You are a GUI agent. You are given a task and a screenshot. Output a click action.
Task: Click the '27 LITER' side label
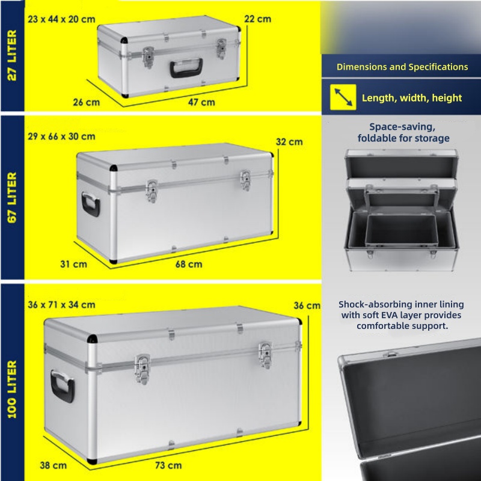[11, 55]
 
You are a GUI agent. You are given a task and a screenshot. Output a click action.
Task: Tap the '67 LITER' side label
[11, 198]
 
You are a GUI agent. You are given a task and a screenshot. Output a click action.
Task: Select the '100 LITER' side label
[11, 389]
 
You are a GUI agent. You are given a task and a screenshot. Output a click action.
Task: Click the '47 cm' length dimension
[201, 102]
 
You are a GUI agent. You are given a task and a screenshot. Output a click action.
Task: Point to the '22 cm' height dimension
[258, 19]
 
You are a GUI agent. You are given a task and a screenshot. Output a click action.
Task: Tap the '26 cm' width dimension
[86, 102]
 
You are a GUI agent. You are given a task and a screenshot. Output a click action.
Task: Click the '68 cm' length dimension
[189, 264]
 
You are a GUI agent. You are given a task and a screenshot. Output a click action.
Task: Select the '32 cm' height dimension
[289, 142]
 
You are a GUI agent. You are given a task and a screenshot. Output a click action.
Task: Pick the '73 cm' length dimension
[168, 465]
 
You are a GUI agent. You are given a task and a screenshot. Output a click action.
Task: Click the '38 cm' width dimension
[53, 465]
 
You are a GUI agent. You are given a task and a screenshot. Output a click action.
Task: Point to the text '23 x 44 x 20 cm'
[61, 19]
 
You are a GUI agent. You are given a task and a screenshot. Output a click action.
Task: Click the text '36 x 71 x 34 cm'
[61, 305]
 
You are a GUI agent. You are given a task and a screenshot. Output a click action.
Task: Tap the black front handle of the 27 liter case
[186, 68]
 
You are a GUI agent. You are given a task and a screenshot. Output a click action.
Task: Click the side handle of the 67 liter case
[91, 204]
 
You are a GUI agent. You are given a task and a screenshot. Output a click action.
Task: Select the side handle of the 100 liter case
[63, 386]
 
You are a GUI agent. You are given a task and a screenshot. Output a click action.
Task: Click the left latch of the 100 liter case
[142, 369]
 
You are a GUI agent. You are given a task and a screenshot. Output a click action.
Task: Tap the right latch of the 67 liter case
[245, 180]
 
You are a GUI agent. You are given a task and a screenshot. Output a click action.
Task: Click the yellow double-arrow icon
[343, 97]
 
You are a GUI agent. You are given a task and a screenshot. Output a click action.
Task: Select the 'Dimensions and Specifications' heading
[402, 67]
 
